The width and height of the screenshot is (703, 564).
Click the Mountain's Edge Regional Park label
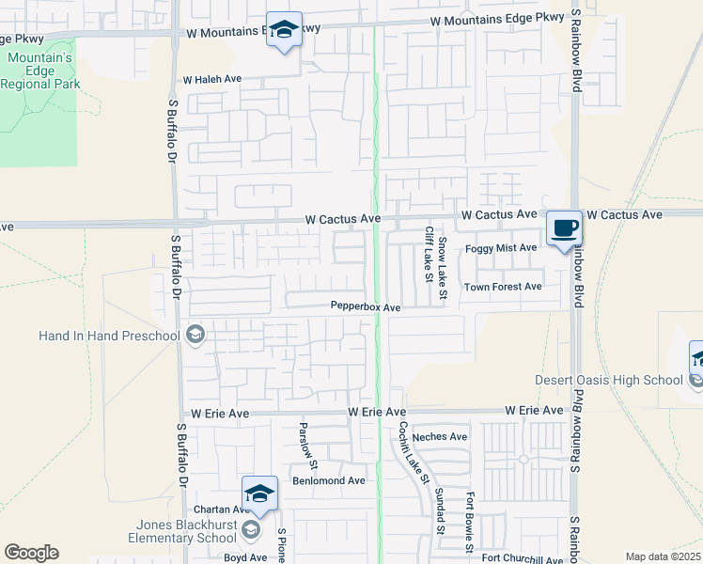(40, 70)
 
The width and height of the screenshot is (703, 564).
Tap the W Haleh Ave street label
(212, 80)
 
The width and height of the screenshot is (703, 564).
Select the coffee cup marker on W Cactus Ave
(564, 228)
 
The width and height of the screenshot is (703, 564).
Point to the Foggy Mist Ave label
(501, 247)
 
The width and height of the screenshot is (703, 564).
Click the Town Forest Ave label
(504, 287)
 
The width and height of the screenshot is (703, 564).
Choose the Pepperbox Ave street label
(366, 306)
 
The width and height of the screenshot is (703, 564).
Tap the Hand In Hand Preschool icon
(195, 335)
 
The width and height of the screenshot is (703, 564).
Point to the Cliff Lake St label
(428, 255)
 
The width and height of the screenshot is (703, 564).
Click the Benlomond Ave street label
(328, 480)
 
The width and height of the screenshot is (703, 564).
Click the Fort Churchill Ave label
(523, 559)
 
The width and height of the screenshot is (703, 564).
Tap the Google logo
(31, 553)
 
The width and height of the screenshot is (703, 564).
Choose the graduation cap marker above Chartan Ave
(259, 493)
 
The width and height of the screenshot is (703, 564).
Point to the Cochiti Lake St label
(412, 451)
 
